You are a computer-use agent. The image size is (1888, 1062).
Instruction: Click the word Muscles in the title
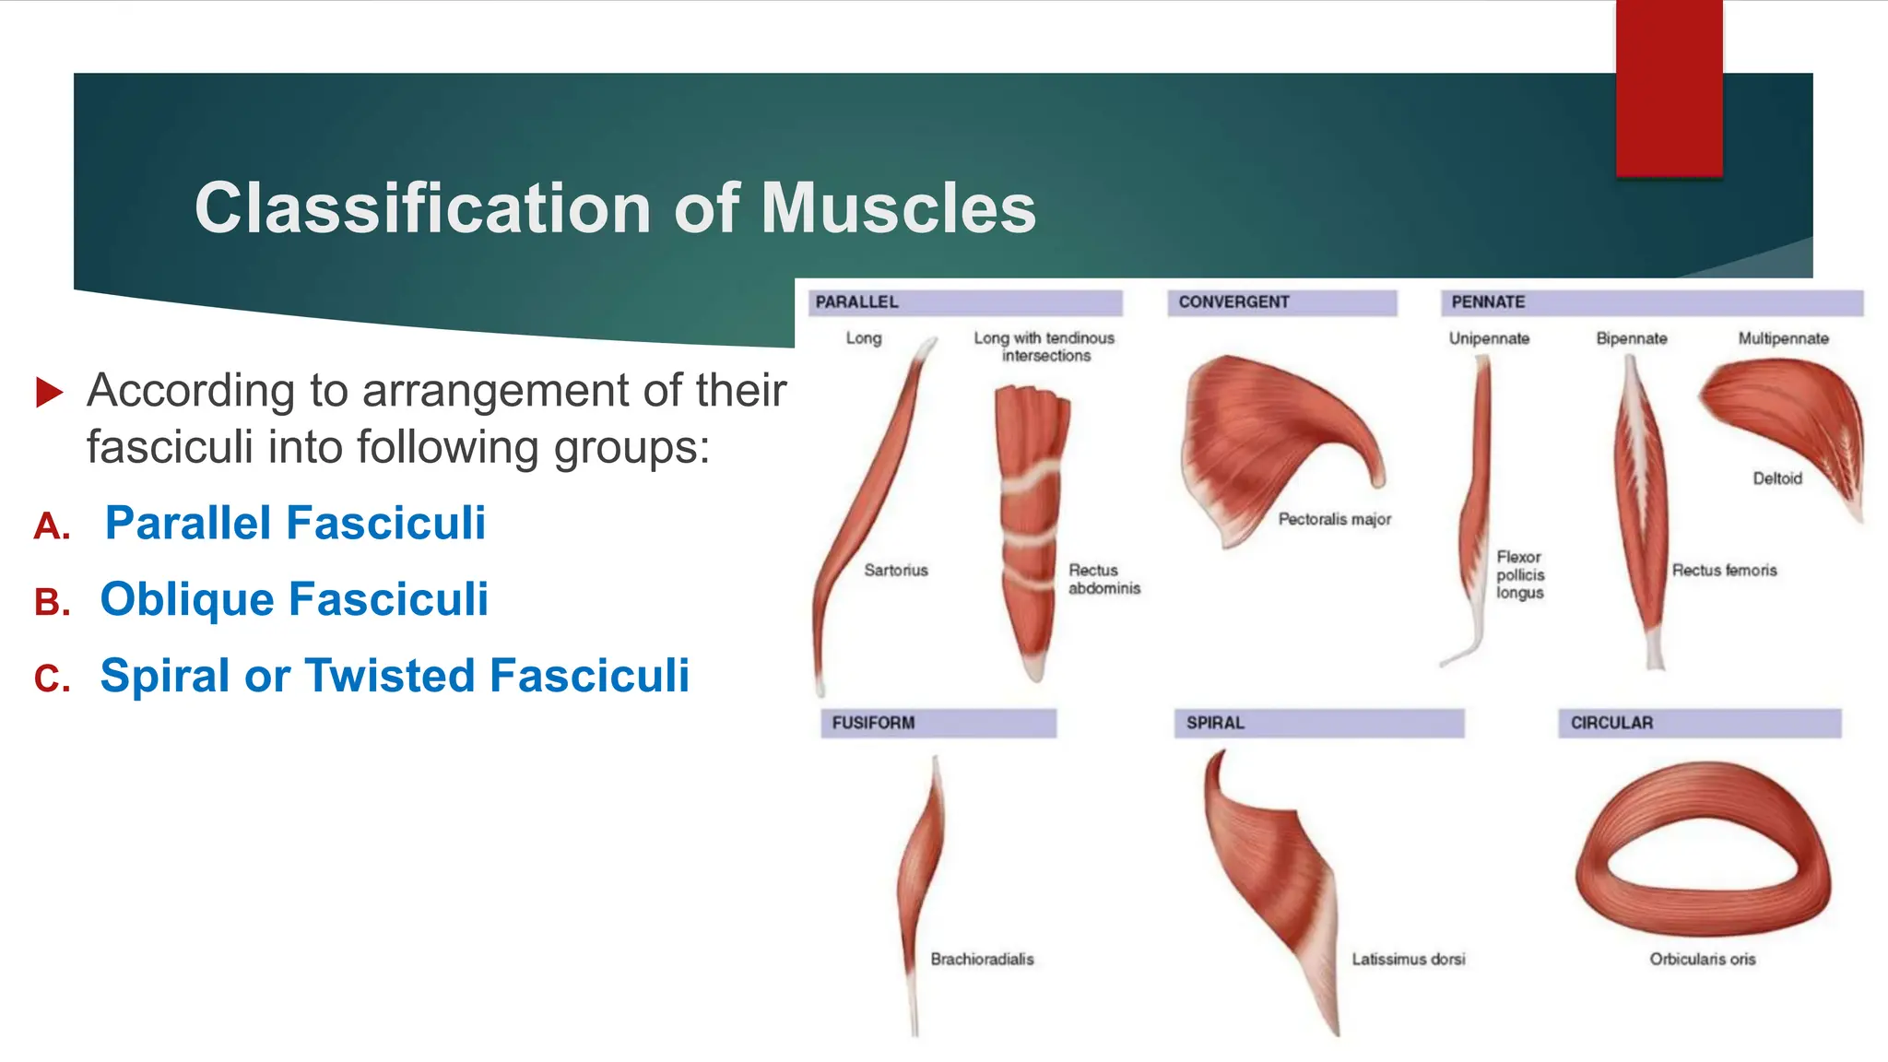898,208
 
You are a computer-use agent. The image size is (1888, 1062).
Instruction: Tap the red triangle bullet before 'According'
49,392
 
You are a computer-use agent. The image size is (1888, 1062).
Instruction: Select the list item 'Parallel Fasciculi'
295,523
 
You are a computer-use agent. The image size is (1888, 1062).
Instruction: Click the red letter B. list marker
53,602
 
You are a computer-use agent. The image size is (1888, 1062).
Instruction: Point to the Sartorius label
895,570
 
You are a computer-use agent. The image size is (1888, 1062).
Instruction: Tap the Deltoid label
1776,478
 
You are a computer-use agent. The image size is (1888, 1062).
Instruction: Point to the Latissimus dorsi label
1408,959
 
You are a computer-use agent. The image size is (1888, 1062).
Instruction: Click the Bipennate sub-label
1631,338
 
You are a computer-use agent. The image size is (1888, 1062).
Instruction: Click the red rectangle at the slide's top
1669,88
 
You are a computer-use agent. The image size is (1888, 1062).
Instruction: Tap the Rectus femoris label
1724,570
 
